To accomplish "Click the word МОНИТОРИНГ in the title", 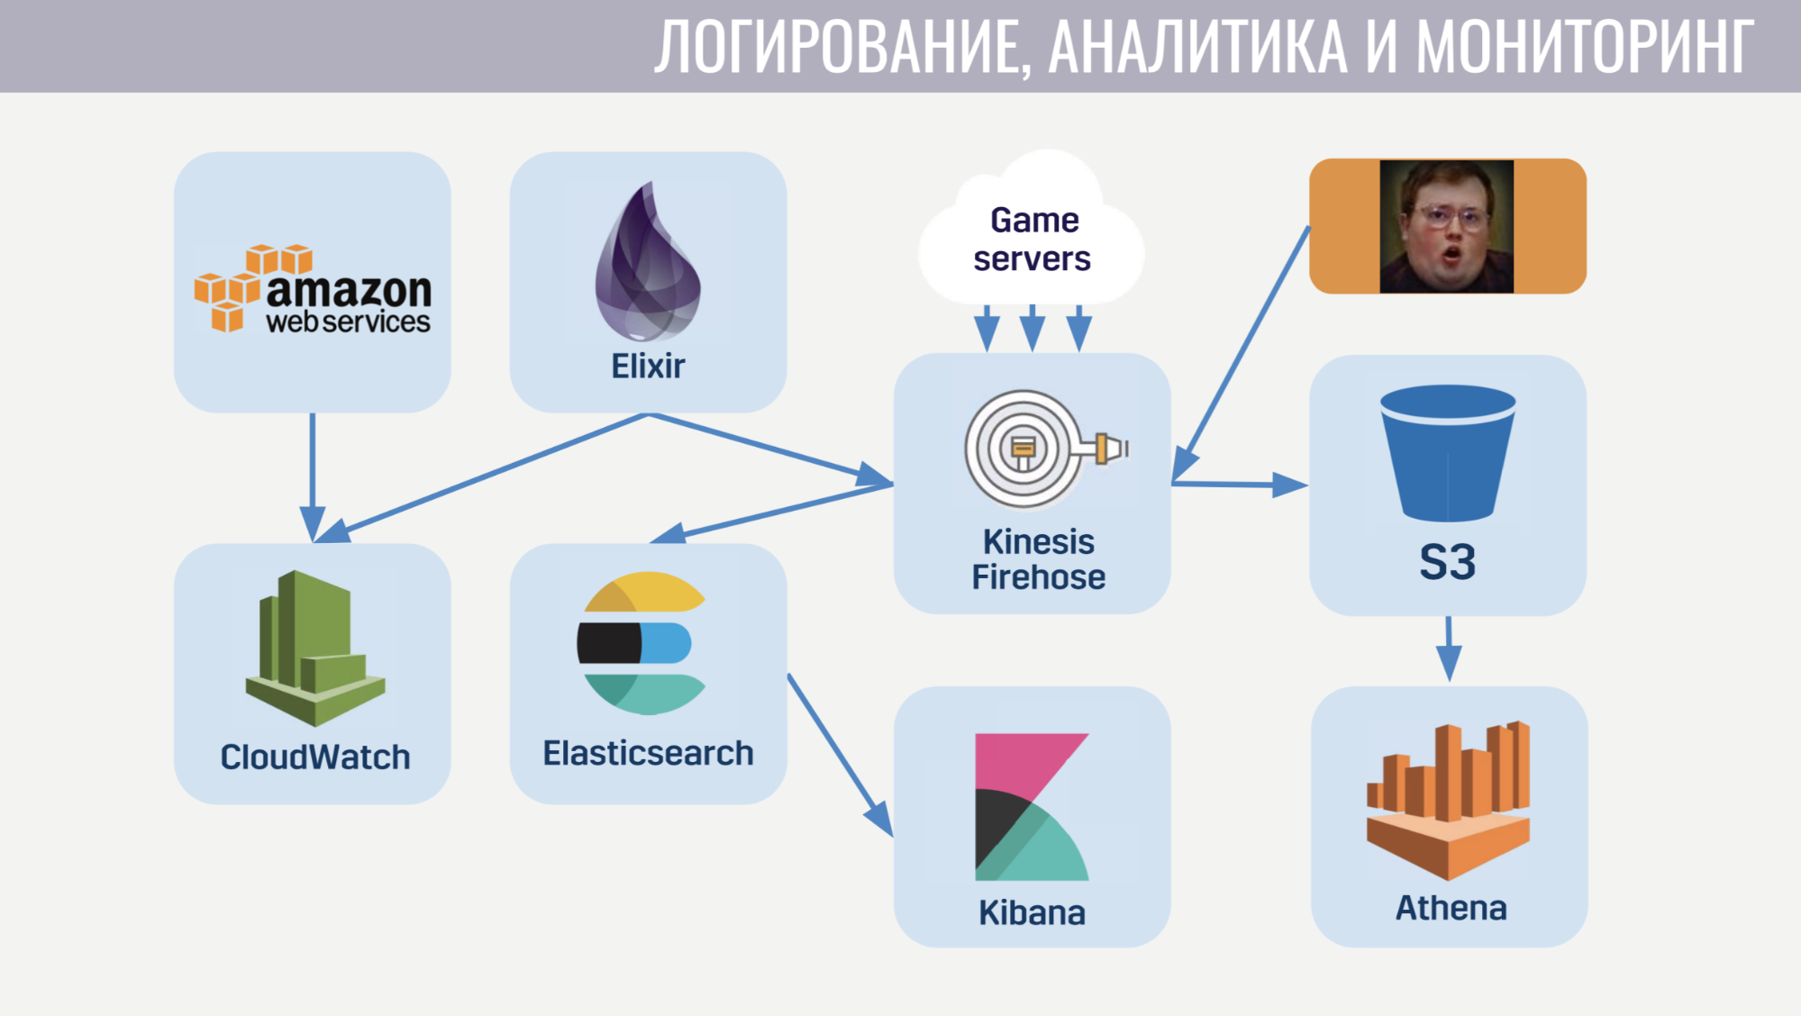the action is point(1584,47).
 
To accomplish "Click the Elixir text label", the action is point(648,367).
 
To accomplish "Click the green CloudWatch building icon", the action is point(314,648).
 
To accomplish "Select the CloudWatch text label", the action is point(314,757).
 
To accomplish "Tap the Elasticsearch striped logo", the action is point(642,643).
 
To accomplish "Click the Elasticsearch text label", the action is point(648,753).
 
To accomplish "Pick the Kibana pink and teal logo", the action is point(1031,807).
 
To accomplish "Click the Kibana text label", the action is point(1032,912).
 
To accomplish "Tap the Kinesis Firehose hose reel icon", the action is point(1036,449).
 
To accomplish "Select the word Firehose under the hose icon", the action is point(1038,577).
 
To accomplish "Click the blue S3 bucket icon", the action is point(1447,455).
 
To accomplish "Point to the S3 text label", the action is point(1447,562).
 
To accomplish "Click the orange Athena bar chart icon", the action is point(1448,802).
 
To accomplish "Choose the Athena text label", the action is point(1451,908).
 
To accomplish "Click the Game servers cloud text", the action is point(1032,239).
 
